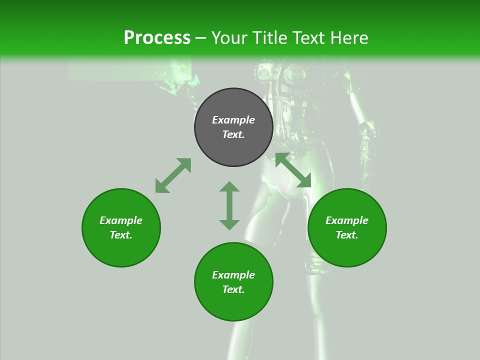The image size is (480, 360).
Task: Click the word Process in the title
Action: (157, 38)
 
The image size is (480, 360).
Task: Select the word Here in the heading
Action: (349, 38)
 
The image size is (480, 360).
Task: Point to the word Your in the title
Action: (229, 38)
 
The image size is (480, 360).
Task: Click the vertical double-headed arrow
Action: (229, 205)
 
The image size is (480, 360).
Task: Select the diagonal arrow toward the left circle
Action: (173, 175)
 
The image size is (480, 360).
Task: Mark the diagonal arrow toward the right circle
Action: (293, 170)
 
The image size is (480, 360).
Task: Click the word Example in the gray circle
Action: (233, 120)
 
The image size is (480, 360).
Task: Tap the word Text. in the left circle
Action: (121, 235)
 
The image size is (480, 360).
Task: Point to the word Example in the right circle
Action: (347, 220)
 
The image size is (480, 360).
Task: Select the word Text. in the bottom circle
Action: (233, 289)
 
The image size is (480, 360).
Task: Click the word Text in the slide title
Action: (309, 38)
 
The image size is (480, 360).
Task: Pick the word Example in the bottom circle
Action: (233, 275)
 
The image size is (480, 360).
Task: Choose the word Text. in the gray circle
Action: (233, 134)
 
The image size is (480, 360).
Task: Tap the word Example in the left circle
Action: (121, 220)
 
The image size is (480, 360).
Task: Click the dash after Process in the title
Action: (201, 38)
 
